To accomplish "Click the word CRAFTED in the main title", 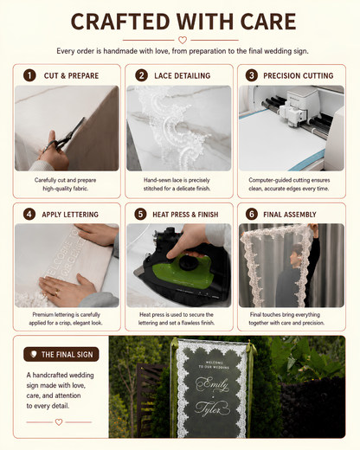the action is point(120,22).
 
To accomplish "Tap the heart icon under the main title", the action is point(183,40).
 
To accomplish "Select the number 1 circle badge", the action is point(29,75).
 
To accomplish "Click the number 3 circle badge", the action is point(252,75).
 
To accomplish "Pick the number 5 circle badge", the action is point(140,215).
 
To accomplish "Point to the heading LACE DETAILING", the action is point(183,76).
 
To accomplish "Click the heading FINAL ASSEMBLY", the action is point(290,215).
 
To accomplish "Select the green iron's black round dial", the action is point(189,261).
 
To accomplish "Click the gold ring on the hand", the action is point(57,292).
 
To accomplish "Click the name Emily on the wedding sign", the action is point(213,384).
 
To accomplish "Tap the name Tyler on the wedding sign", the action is point(212,408).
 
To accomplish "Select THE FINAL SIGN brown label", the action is point(61,354).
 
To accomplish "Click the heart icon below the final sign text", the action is point(59,422).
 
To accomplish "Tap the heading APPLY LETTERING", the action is point(70,215).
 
